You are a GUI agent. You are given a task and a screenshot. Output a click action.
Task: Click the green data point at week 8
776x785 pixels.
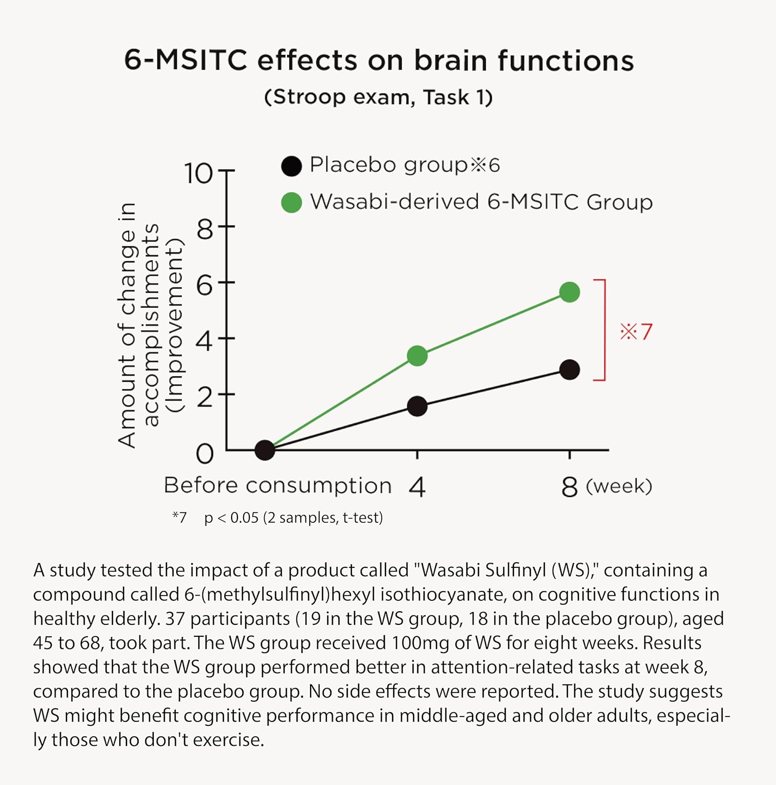click(x=569, y=292)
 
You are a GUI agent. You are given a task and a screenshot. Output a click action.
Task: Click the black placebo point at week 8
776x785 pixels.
click(x=569, y=370)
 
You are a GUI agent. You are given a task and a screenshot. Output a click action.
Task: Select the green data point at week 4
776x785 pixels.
click(x=417, y=356)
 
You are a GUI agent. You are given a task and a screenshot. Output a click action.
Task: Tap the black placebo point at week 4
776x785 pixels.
click(x=417, y=406)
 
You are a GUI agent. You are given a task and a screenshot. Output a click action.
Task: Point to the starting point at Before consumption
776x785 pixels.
click(x=265, y=450)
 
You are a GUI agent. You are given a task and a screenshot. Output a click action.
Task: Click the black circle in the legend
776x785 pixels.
click(x=291, y=166)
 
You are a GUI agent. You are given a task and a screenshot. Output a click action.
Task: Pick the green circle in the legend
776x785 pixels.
click(x=291, y=203)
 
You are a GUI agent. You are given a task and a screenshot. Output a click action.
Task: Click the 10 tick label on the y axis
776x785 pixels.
click(x=199, y=173)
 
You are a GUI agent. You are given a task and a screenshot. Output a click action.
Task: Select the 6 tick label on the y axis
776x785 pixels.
click(x=204, y=286)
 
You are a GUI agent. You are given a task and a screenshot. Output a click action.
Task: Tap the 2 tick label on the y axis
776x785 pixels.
click(x=204, y=398)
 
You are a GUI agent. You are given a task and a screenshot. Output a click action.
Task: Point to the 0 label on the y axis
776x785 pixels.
click(x=204, y=454)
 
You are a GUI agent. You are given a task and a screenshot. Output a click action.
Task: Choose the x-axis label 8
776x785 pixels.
click(x=569, y=488)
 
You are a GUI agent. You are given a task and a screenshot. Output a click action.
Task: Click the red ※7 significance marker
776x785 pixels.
click(x=636, y=332)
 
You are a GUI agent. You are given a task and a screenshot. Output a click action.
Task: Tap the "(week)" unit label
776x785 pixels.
click(x=619, y=487)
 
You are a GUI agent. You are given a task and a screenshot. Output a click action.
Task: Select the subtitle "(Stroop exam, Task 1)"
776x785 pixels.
click(x=378, y=97)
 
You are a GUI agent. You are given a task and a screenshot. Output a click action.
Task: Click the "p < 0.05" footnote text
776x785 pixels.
click(x=231, y=518)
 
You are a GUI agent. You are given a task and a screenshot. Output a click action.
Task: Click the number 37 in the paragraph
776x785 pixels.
click(x=175, y=619)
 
